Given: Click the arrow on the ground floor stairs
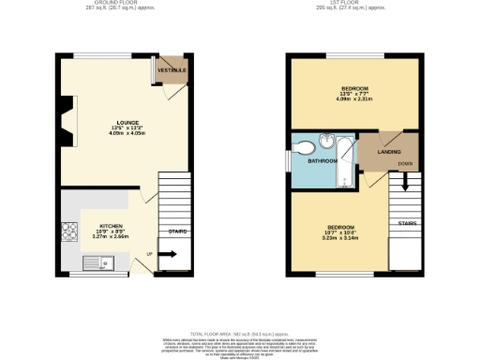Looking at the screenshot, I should [x=169, y=253].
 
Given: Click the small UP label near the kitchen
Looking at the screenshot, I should [x=149, y=253].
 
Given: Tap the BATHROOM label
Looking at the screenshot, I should [x=323, y=160].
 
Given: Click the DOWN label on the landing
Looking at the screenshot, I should [x=403, y=165].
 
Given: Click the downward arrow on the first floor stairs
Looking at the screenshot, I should [x=406, y=183].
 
